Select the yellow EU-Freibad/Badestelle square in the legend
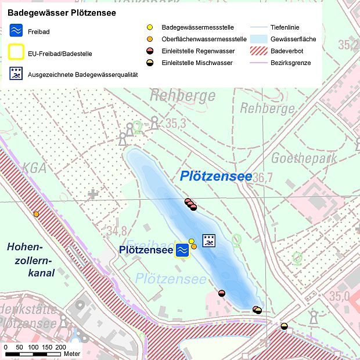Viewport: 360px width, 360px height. tap(16, 53)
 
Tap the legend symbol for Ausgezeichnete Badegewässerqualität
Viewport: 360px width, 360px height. tap(16, 74)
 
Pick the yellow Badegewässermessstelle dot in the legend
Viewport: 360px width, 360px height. tap(150, 27)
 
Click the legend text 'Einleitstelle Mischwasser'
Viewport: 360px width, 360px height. tap(197, 63)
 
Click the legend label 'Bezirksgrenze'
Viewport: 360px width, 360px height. tap(290, 63)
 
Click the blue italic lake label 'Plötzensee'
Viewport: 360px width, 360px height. tap(216, 176)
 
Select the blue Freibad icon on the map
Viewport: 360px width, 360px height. tap(182, 249)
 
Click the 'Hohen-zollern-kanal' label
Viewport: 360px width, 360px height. tap(30, 260)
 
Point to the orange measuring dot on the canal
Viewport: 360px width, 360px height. tap(36, 214)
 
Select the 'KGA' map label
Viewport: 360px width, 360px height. tap(34, 168)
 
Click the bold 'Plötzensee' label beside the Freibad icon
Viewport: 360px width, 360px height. tap(146, 250)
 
